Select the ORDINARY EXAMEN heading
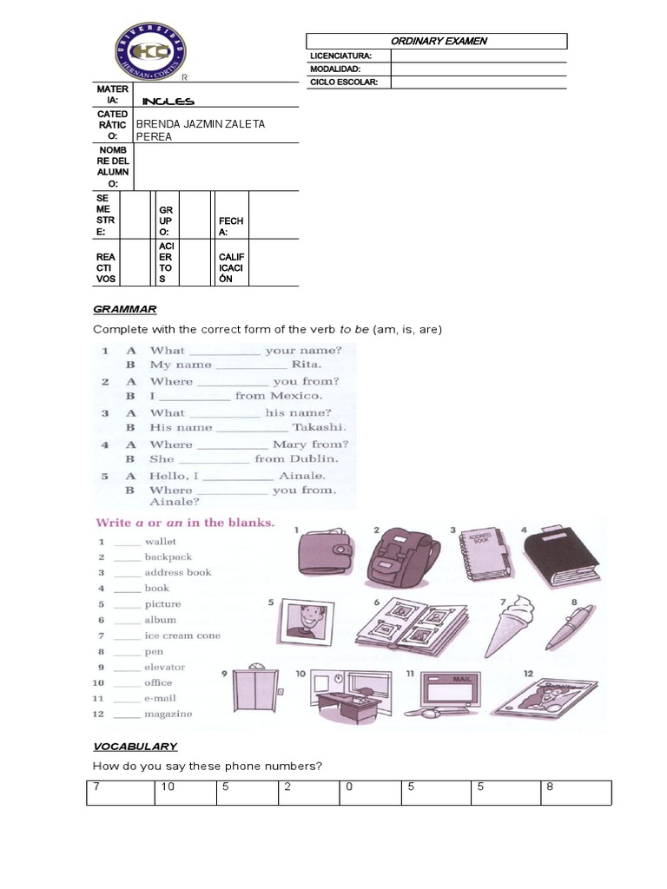pyautogui.click(x=438, y=41)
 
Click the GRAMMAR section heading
pyautogui.click(x=124, y=309)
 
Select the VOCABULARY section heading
pyautogui.click(x=135, y=746)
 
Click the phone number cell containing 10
pyautogui.click(x=185, y=793)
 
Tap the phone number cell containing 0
pyautogui.click(x=371, y=793)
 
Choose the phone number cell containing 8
pyautogui.click(x=578, y=793)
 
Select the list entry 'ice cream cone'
pyautogui.click(x=182, y=635)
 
